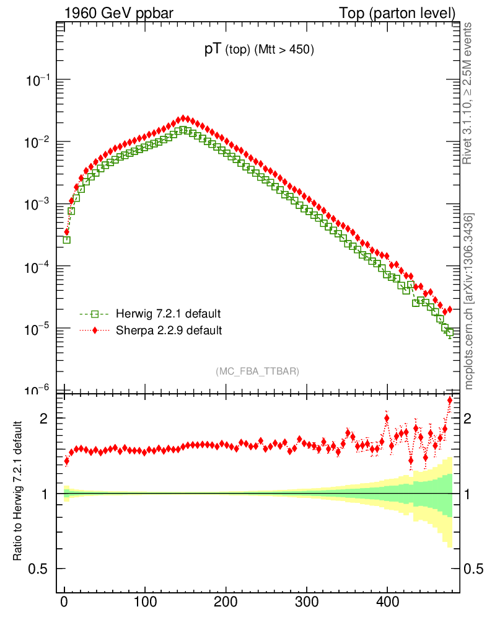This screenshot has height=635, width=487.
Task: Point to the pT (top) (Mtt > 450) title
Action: (260, 51)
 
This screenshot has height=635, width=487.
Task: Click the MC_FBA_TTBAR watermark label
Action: (258, 371)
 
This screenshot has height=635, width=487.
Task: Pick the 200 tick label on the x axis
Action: (226, 601)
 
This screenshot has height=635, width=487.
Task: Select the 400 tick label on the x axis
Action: (387, 601)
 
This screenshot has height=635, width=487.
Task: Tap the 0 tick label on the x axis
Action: (64, 601)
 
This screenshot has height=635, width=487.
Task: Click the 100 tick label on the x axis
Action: (145, 601)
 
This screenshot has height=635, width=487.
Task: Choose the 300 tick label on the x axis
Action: (306, 601)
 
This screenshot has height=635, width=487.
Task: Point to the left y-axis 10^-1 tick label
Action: (38, 80)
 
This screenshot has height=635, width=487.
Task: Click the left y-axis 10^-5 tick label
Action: (38, 328)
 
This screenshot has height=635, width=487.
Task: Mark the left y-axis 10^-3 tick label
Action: (38, 204)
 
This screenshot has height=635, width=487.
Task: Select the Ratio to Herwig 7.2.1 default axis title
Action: (18, 491)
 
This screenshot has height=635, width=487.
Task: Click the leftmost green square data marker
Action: (67, 239)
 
